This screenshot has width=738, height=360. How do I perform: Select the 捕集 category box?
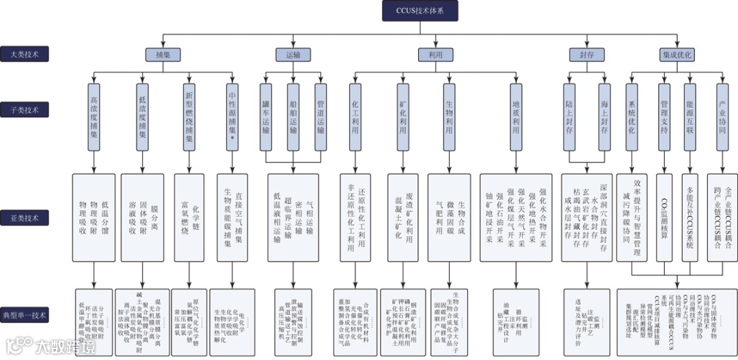coord(162,53)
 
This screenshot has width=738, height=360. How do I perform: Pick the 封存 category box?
coord(586,53)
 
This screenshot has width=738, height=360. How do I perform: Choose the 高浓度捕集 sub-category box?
coord(94,117)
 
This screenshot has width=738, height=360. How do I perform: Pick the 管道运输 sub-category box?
coord(320,117)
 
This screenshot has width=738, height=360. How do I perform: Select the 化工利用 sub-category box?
coord(355,117)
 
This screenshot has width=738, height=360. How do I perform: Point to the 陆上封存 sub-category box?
coord(569,117)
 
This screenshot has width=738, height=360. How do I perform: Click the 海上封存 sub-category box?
coord(604,117)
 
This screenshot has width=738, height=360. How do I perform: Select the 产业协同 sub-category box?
coord(722,117)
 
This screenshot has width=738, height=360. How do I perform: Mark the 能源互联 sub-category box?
coord(690,117)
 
